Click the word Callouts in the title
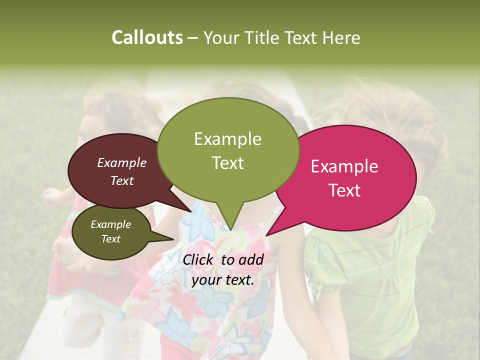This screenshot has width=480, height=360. (147, 37)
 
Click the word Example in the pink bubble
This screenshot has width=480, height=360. (344, 166)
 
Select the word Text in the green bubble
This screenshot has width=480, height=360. (228, 163)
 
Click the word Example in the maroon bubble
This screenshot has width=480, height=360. (122, 162)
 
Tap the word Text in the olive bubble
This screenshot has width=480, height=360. (111, 239)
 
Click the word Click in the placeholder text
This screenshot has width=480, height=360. (199, 259)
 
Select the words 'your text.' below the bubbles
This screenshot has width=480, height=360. (223, 280)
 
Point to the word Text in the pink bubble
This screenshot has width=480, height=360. (345, 190)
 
